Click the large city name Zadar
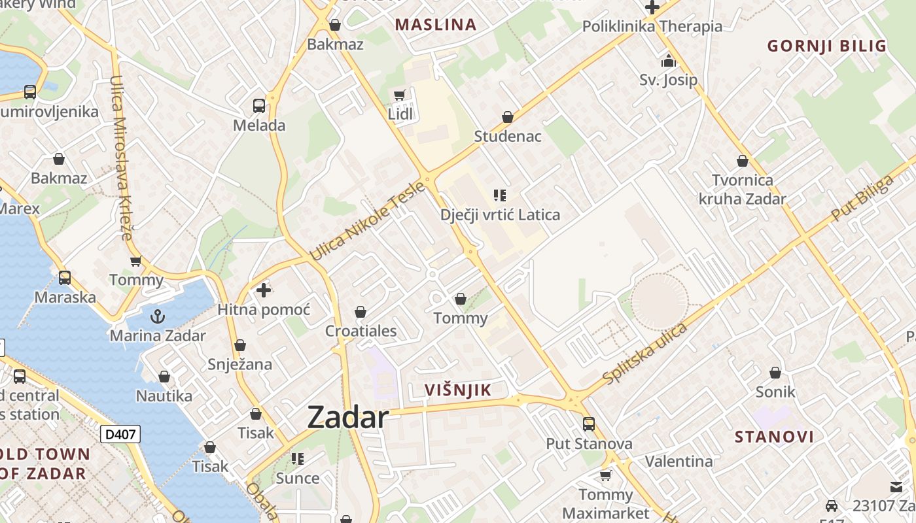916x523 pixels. pyautogui.click(x=348, y=417)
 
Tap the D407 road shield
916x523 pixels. pyautogui.click(x=120, y=433)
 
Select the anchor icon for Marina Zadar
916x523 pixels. pyautogui.click(x=157, y=317)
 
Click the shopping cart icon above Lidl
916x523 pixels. pyautogui.click(x=400, y=95)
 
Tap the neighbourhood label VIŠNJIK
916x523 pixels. pyautogui.click(x=457, y=391)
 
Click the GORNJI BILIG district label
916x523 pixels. pyautogui.click(x=826, y=46)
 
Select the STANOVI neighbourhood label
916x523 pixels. pyautogui.click(x=774, y=437)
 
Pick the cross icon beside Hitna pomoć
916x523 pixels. pyautogui.click(x=264, y=290)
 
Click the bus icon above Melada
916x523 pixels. pyautogui.click(x=259, y=105)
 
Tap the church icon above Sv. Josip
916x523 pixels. pyautogui.click(x=668, y=61)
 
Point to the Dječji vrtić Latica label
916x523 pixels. pyautogui.click(x=500, y=214)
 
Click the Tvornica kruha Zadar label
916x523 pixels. pyautogui.click(x=742, y=189)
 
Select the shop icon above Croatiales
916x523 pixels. pyautogui.click(x=360, y=312)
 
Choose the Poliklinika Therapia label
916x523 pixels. pyautogui.click(x=652, y=26)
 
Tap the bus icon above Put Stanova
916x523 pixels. pyautogui.click(x=589, y=424)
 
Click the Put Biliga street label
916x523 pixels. pyautogui.click(x=862, y=197)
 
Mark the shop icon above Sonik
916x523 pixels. pyautogui.click(x=775, y=373)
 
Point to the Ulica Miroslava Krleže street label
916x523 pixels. pyautogui.click(x=121, y=158)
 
